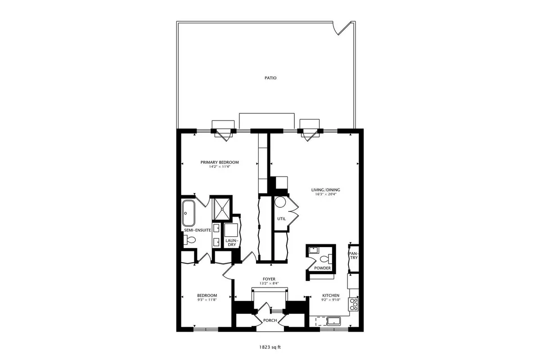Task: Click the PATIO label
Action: click(x=270, y=78)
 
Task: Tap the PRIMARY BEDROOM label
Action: click(x=220, y=162)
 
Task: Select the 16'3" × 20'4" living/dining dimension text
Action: click(x=326, y=194)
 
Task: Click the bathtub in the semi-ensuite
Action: click(x=188, y=213)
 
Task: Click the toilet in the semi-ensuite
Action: click(x=189, y=240)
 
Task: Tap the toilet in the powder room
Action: click(x=326, y=259)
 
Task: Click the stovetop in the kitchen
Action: click(x=354, y=305)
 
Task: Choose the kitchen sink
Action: click(x=333, y=321)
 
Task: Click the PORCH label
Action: click(x=270, y=320)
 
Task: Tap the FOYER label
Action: click(x=269, y=279)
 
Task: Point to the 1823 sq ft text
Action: click(x=270, y=347)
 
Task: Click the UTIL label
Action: click(x=281, y=219)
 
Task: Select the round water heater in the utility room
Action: click(x=280, y=202)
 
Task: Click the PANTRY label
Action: click(x=353, y=256)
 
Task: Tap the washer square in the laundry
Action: click(x=231, y=230)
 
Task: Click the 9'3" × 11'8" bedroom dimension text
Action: click(x=207, y=300)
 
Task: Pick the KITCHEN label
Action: click(x=331, y=295)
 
